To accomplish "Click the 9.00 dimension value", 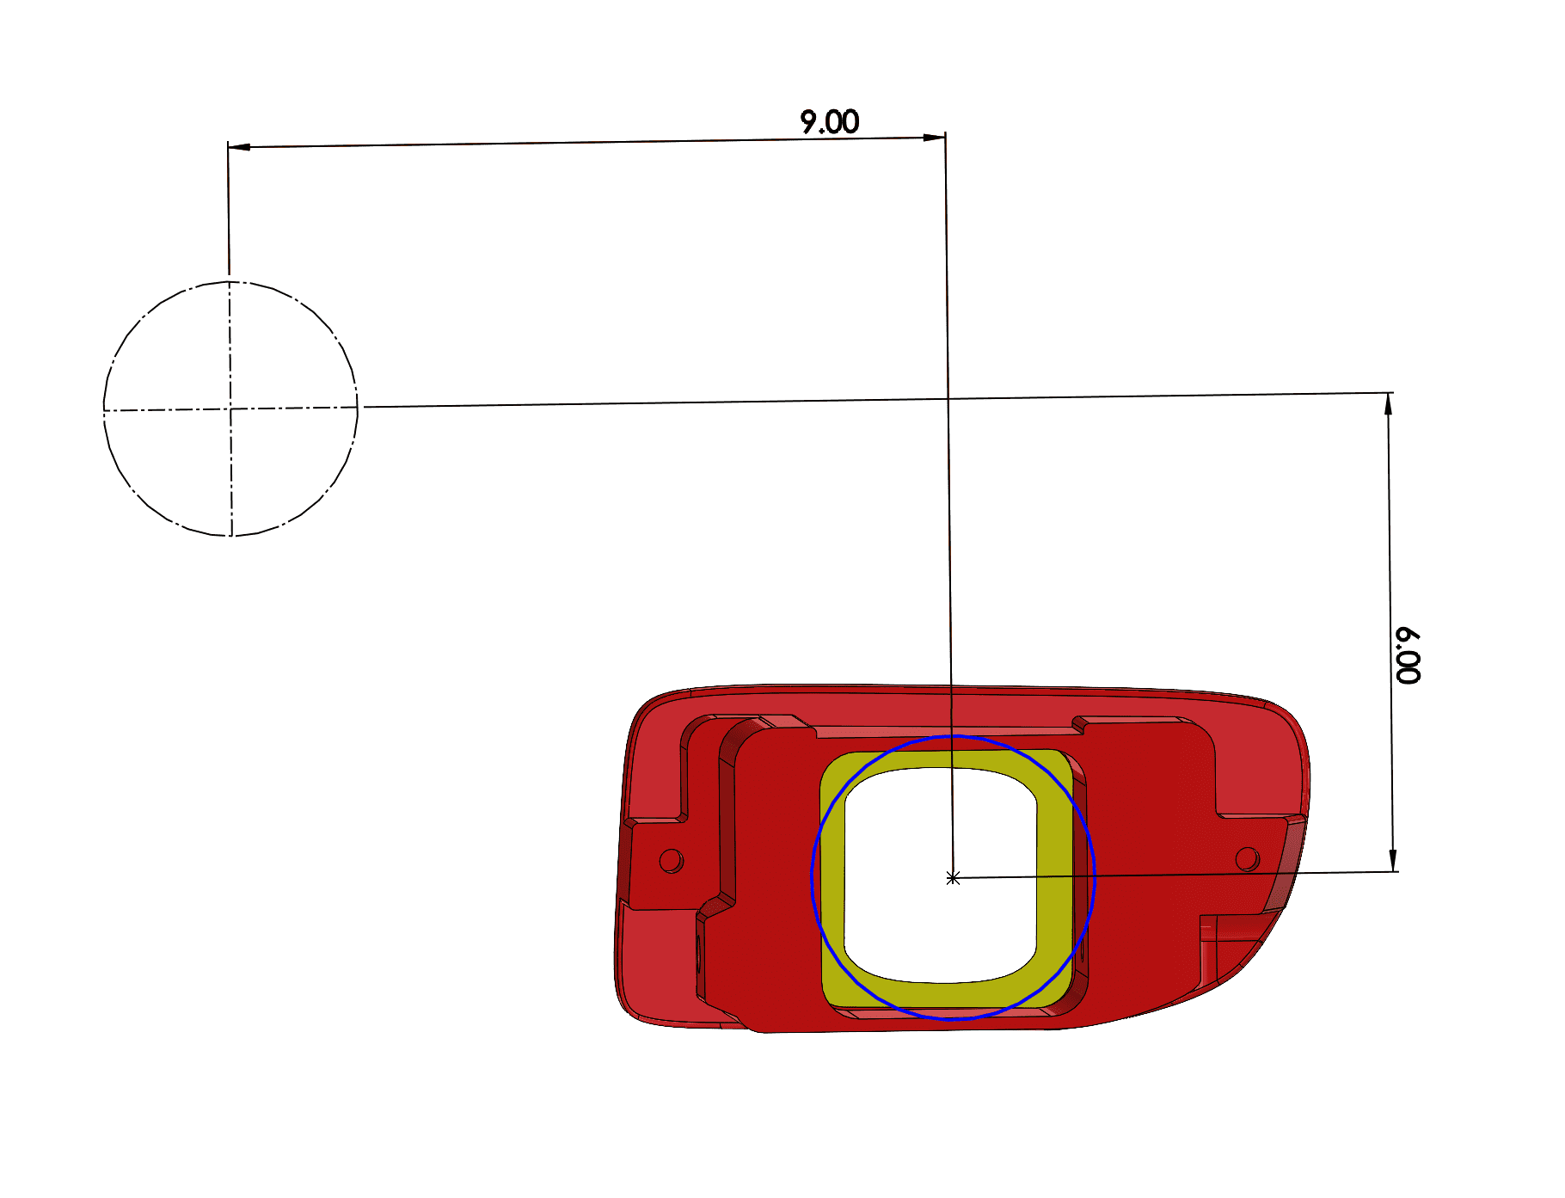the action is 829,122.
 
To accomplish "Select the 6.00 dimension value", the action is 1408,656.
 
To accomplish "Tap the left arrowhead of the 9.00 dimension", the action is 239,147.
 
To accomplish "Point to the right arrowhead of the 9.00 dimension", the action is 934,137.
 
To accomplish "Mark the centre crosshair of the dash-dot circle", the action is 230,409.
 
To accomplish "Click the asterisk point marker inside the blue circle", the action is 953,878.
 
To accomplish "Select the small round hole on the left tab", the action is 671,860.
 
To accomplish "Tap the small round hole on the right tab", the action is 1247,857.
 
